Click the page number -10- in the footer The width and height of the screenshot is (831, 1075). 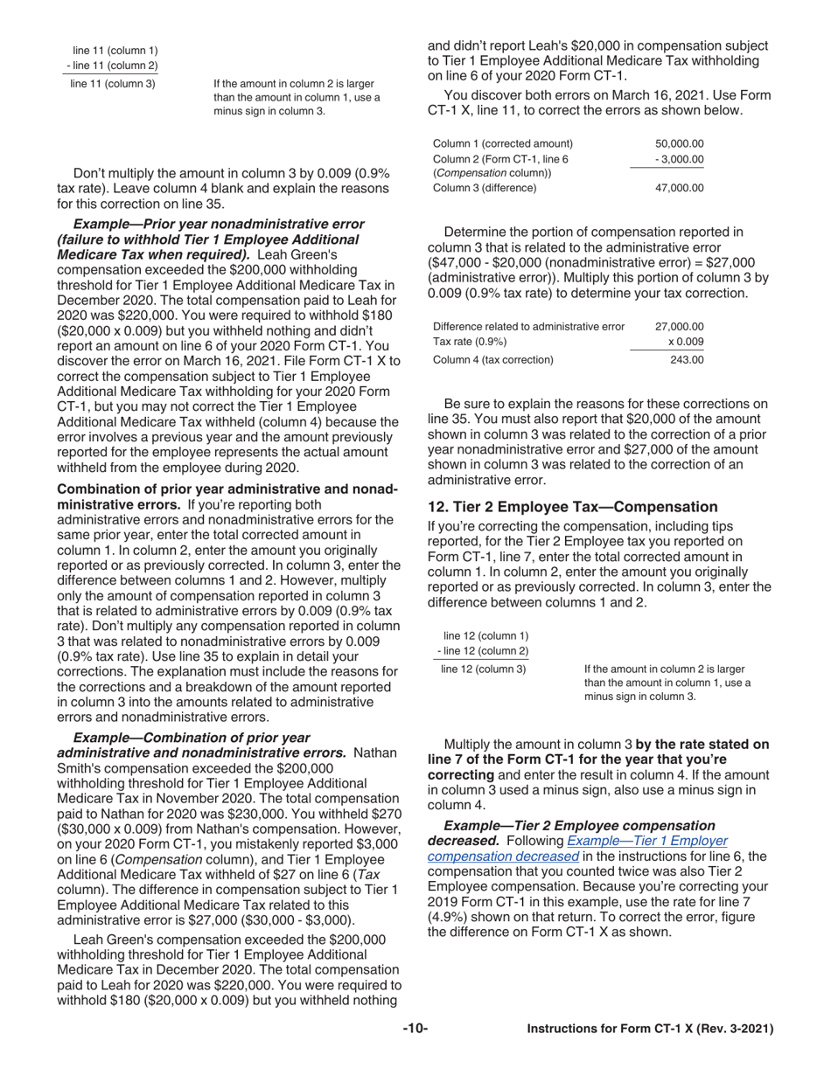click(x=415, y=1030)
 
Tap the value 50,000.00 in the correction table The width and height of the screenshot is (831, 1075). click(x=679, y=143)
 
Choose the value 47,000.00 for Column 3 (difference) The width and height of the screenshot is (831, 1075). click(x=679, y=187)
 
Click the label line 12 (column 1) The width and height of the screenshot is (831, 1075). click(x=485, y=635)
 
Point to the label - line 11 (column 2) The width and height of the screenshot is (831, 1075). click(x=112, y=66)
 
